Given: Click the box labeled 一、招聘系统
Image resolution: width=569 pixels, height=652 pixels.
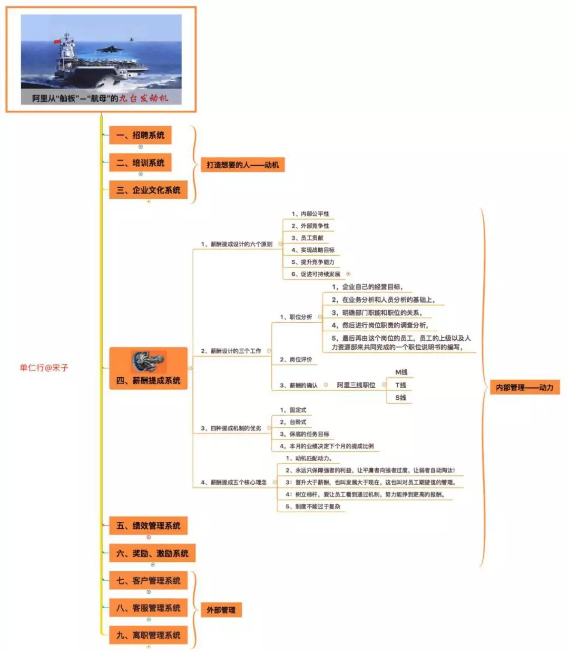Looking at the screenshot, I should coord(140,135).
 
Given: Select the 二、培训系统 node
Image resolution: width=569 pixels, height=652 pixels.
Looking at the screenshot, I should coord(140,162).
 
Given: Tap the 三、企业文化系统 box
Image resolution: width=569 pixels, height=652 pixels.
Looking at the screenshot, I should coord(148,190).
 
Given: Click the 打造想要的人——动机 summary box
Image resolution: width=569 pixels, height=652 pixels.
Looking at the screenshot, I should coord(242,165).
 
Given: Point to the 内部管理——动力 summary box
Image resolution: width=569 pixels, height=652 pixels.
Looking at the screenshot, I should coord(524,387).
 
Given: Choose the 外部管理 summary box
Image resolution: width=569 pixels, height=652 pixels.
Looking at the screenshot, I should coord(221,610).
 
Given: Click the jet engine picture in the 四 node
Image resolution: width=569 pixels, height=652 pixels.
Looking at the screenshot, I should coord(149,362).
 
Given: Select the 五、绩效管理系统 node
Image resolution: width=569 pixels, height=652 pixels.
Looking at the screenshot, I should coord(148,525).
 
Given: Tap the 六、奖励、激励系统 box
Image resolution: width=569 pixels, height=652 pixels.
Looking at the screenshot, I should coord(152,553).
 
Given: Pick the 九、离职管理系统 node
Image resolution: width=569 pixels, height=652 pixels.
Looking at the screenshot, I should coord(148,635).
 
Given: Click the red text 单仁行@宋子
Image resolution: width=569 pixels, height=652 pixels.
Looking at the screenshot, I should coord(44,368).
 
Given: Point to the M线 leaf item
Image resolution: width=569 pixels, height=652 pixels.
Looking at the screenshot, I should coord(401,372).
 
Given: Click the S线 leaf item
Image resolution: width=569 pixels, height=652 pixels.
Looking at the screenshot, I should coord(400,398).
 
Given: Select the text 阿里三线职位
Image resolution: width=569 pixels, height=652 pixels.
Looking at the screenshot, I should coord(356,385).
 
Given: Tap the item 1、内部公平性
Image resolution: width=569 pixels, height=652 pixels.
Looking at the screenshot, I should coord(310,214).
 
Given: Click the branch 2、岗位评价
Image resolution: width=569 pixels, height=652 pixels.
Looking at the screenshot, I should coord(296,359).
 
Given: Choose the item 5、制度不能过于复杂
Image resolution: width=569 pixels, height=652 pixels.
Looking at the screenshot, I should coord(313,506).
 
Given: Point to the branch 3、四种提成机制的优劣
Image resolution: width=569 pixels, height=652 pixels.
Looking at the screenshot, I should coord(231,428).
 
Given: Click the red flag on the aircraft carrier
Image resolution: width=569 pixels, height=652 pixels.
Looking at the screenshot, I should coord(57,42).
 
